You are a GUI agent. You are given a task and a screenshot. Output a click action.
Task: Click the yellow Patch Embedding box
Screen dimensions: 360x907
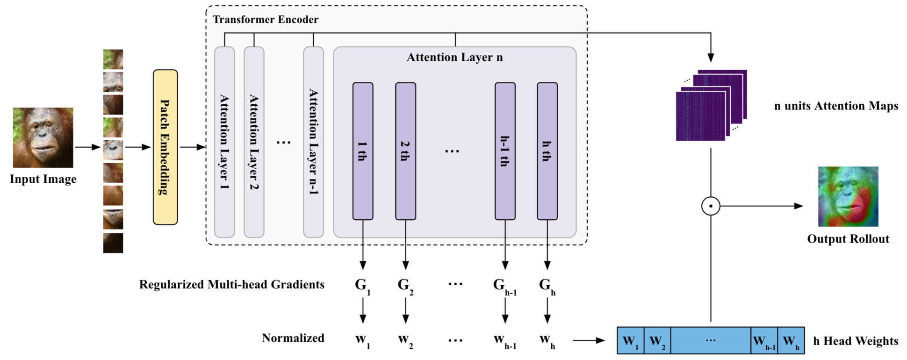point(165,147)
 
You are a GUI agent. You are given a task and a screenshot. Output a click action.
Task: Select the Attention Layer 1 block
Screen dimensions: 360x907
point(224,142)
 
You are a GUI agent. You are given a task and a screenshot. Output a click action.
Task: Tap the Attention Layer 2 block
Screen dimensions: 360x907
point(254,142)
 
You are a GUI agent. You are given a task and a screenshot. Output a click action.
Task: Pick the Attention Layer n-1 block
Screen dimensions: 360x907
point(313,142)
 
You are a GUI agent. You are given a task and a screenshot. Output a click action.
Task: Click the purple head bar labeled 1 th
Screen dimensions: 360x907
point(362,151)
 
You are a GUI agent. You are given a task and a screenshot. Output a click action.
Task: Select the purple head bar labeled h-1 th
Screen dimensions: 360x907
point(505,151)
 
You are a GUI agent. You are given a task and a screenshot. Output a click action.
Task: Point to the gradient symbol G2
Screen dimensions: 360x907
point(405,285)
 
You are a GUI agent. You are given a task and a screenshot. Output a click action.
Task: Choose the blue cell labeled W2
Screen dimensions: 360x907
point(657,341)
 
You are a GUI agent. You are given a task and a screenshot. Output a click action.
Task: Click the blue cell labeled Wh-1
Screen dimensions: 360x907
point(764,341)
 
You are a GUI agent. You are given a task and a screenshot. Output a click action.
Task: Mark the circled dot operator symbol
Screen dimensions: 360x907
point(711,206)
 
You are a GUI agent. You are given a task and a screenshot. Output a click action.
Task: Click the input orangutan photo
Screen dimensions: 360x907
point(43,137)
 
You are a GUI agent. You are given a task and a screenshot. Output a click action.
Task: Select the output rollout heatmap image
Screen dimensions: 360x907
point(848,196)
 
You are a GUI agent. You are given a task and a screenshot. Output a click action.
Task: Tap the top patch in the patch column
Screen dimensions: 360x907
point(113,59)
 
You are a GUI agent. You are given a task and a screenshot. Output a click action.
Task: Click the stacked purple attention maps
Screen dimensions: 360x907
point(711,105)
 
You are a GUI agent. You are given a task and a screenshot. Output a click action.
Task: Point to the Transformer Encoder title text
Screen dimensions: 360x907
point(266,20)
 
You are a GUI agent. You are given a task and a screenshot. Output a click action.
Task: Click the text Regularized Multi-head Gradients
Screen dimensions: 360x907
point(231,285)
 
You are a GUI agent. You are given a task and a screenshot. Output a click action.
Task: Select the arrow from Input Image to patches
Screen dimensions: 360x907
point(88,147)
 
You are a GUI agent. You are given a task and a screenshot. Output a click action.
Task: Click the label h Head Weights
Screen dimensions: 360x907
point(856,341)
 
